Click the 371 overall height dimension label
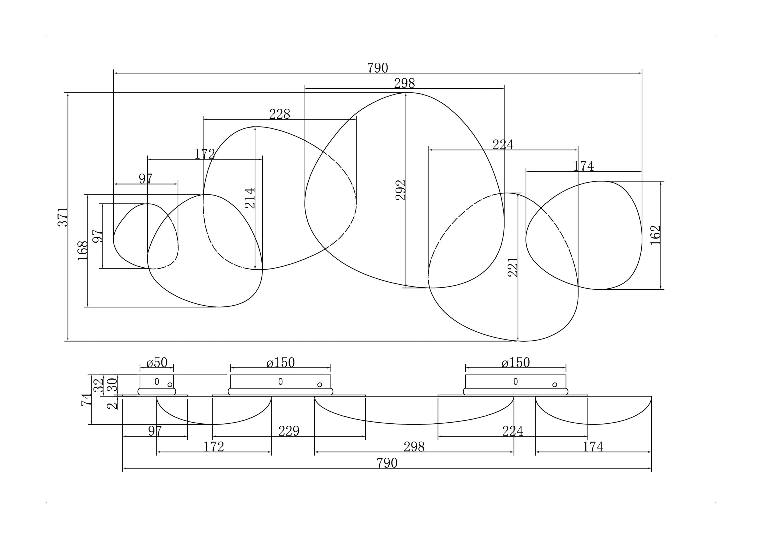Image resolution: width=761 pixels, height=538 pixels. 63,217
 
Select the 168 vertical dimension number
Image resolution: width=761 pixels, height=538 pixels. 82,251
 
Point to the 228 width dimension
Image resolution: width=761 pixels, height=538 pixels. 279,114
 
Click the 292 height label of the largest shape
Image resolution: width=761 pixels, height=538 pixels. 401,190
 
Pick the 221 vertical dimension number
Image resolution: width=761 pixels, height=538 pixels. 513,267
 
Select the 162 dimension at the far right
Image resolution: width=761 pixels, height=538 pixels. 655,235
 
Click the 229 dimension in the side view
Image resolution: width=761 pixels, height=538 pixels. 289,431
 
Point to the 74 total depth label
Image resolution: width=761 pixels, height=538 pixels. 86,399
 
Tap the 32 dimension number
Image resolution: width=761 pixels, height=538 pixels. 99,385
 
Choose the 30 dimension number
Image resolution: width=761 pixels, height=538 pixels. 112,385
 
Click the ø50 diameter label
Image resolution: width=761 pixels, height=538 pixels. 157,363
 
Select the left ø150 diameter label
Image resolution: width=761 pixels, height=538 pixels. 280,363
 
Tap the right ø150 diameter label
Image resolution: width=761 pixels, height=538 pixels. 515,363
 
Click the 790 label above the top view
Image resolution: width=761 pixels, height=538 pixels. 378,68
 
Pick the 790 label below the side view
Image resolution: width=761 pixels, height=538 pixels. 387,463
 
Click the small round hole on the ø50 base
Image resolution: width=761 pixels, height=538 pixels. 170,384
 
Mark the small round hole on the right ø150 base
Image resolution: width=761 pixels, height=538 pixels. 554,384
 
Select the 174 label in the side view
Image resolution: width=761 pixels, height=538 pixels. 593,447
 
